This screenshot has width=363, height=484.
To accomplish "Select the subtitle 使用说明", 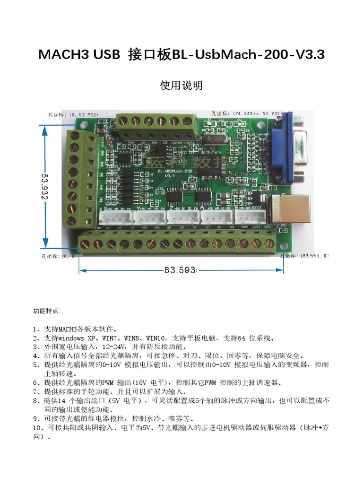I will click(x=181, y=85).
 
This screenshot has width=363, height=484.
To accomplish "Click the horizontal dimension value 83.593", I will click(x=180, y=270).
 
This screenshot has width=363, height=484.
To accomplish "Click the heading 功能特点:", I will click(x=47, y=311).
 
